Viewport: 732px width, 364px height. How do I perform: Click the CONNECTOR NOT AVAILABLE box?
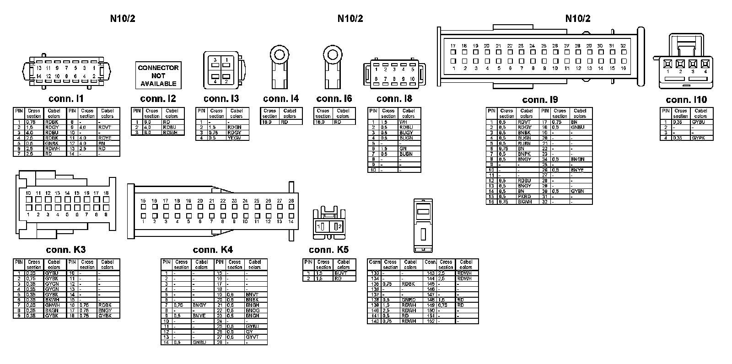158,75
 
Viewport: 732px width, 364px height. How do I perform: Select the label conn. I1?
66,99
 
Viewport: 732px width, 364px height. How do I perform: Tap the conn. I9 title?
540,100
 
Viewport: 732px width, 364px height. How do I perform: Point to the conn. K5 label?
328,250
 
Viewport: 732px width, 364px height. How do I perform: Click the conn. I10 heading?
686,100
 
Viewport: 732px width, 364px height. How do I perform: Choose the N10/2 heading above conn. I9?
578,18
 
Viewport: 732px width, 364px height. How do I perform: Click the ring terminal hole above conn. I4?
279,55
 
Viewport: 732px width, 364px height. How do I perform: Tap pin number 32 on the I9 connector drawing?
623,46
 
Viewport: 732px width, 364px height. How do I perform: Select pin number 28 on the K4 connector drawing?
291,201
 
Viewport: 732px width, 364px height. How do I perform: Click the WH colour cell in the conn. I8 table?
403,122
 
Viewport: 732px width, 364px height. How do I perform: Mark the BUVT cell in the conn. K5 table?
341,273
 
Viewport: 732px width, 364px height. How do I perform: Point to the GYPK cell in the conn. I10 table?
699,138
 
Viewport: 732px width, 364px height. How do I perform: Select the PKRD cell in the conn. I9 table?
524,197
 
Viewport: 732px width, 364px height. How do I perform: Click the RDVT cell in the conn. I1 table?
105,127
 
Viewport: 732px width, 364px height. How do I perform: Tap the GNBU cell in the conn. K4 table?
199,342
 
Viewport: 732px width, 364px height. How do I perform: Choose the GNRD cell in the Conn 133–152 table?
409,300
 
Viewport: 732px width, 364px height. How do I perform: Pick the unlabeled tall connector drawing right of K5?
423,225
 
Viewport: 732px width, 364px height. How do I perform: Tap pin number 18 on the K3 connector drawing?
106,193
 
